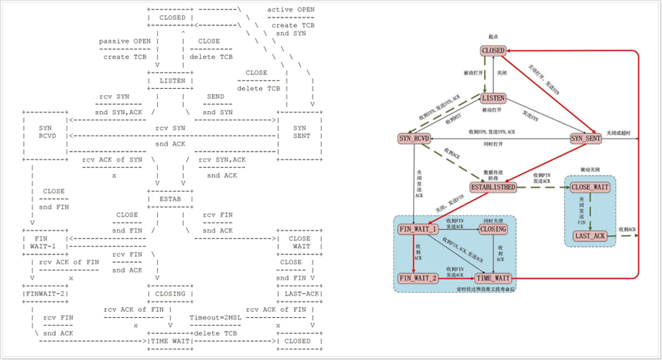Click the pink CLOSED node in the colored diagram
493,51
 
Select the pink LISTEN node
493,98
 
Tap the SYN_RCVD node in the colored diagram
415,139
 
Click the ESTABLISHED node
493,187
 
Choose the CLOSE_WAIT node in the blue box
591,187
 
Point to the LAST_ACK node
591,236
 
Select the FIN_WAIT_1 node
418,228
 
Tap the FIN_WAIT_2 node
418,277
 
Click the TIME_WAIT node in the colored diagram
493,277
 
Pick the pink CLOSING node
493,228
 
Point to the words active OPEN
292,10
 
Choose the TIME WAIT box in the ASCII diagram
170,341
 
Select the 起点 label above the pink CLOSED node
493,36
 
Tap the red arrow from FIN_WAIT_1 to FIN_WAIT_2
415,253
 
